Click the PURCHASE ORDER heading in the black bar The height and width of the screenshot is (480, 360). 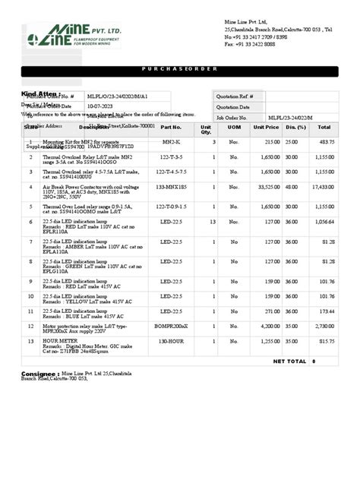point(180,69)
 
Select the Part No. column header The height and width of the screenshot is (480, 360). point(172,128)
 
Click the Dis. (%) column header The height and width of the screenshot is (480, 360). point(295,128)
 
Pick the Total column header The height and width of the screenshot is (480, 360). point(325,128)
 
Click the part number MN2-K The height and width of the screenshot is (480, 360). point(172,142)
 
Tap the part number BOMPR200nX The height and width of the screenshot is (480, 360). point(172,326)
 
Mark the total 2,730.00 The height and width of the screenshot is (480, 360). point(325,326)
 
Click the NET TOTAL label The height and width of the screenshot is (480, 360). point(289,362)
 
